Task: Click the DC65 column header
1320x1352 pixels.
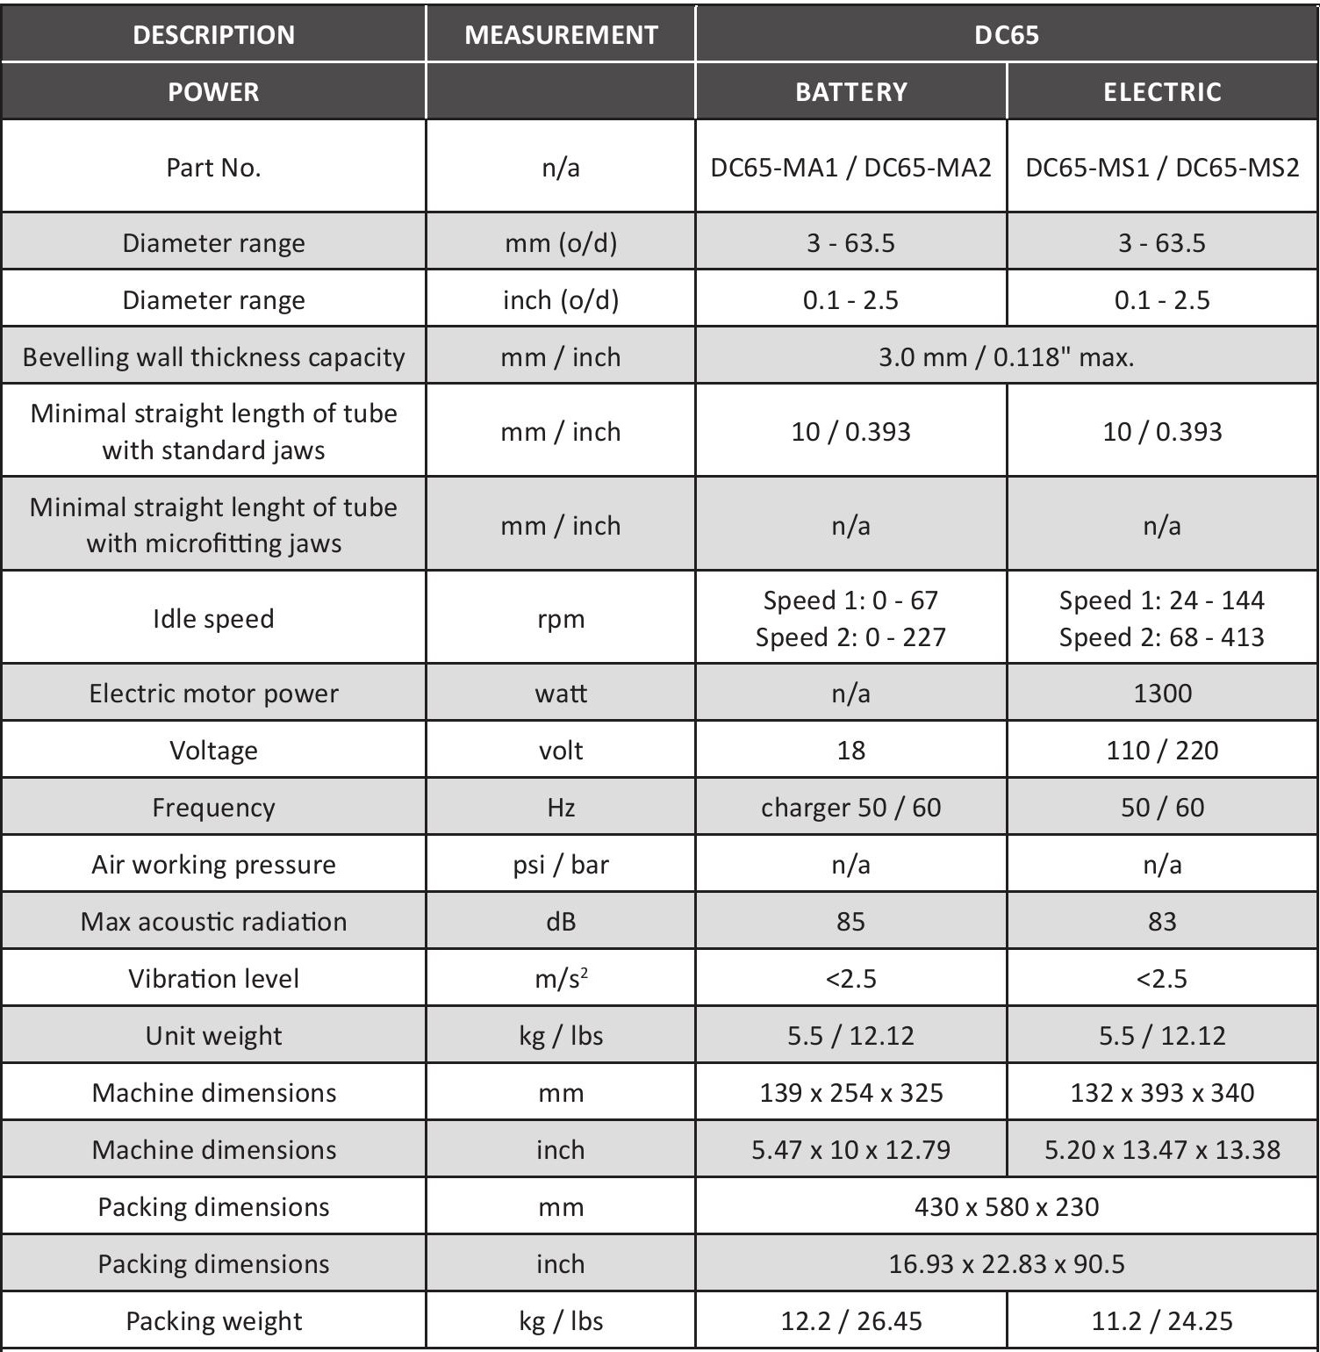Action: click(x=1006, y=35)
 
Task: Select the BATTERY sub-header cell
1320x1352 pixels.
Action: click(x=850, y=92)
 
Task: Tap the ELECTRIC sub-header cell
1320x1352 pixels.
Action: click(x=1162, y=92)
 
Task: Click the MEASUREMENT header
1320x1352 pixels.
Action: click(x=561, y=35)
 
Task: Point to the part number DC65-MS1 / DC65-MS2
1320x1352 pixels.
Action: click(x=1162, y=168)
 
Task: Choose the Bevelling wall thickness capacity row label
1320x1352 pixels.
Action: click(x=213, y=357)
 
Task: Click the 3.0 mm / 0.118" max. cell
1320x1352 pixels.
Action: click(x=1006, y=357)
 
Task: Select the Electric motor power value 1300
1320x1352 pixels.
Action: click(x=1162, y=694)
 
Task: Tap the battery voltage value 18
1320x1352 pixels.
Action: click(x=850, y=751)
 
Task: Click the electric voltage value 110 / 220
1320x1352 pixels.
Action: click(x=1162, y=751)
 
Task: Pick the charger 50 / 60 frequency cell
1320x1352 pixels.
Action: click(x=850, y=808)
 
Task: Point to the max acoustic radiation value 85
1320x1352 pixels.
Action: click(x=850, y=922)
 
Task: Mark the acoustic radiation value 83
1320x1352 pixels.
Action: click(x=1162, y=922)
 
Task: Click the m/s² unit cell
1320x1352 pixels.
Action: click(x=561, y=979)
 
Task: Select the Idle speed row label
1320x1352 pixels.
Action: click(x=213, y=619)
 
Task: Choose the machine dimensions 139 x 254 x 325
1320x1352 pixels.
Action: click(x=850, y=1093)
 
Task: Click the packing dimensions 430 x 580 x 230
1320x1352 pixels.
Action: click(x=1006, y=1207)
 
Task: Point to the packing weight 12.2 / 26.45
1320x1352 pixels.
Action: click(x=850, y=1321)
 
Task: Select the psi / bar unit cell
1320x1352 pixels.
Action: click(x=561, y=865)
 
